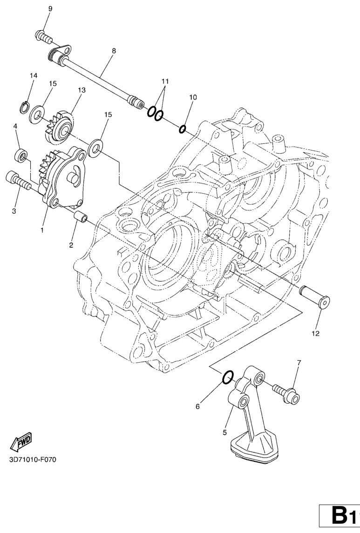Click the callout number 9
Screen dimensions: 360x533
tap(50, 9)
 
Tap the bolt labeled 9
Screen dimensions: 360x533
tap(43, 37)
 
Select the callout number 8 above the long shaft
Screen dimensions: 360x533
tap(114, 51)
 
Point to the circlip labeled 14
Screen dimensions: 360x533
tap(24, 107)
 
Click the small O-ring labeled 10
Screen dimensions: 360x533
tap(183, 129)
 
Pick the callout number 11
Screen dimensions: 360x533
tap(165, 81)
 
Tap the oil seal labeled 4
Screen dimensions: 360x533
tap(21, 155)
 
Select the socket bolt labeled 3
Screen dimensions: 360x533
tap(18, 181)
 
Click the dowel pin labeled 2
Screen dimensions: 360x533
tap(81, 217)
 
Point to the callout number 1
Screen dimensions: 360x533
tap(42, 230)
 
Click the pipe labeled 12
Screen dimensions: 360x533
tap(314, 297)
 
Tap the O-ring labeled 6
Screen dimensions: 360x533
tap(228, 377)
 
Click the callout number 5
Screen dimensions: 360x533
tap(224, 433)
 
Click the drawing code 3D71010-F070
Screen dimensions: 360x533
tap(33, 460)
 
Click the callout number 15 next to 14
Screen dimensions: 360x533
tap(52, 84)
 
